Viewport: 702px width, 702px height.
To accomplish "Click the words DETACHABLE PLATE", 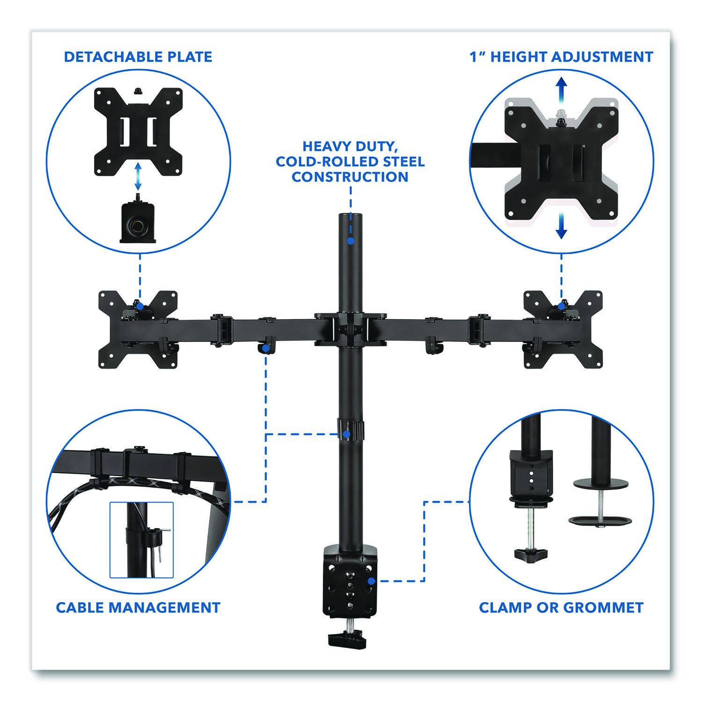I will pos(138,57).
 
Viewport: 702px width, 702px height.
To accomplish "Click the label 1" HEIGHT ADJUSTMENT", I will pos(561,57).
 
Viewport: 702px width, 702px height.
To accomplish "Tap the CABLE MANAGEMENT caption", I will pos(138,607).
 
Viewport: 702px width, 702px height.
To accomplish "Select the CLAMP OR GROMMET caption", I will pos(561,607).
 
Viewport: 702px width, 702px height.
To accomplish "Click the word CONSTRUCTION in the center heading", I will pos(350,177).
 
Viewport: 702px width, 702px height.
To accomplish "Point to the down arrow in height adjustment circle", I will pos(561,228).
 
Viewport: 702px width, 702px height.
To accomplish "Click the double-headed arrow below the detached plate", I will pos(138,176).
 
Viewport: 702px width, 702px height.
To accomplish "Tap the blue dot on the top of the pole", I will pos(351,241).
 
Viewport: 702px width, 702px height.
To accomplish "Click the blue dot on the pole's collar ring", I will pos(346,434).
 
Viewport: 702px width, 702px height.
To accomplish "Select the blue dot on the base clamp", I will pos(371,581).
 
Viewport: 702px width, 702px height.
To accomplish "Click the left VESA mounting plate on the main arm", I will pos(138,329).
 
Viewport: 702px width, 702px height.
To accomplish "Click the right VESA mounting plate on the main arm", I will pos(563,329).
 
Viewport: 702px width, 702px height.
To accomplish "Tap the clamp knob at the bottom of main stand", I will pos(347,639).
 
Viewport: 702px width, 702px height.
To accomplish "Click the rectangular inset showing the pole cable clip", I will pos(141,540).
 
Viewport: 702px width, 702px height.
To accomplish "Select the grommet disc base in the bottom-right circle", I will pos(600,520).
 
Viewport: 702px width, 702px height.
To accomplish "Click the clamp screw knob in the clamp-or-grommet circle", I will pos(531,555).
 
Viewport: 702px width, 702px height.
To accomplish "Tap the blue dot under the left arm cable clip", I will pos(266,349).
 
